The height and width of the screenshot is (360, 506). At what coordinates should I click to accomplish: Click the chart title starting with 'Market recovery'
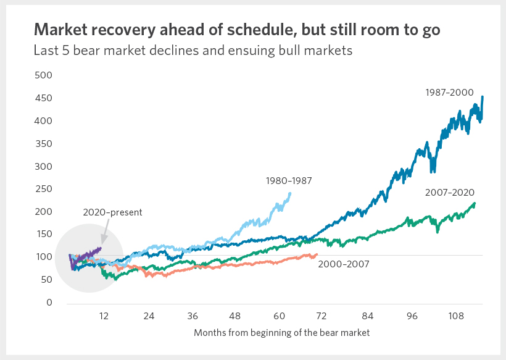click(236, 30)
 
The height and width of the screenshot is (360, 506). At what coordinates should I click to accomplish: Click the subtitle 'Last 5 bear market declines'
click(193, 51)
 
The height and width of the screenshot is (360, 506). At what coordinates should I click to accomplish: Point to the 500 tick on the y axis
click(44, 75)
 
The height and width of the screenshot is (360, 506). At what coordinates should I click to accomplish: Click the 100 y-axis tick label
click(44, 257)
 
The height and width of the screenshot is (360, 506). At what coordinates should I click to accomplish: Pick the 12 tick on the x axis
click(104, 316)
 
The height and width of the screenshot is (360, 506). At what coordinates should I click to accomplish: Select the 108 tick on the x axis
click(456, 316)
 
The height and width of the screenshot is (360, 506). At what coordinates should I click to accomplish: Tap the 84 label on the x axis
click(368, 316)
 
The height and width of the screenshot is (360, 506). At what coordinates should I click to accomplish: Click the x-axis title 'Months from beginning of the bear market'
click(281, 333)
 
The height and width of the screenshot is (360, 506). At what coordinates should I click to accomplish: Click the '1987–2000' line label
click(449, 93)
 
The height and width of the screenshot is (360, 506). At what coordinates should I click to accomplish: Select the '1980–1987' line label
click(288, 181)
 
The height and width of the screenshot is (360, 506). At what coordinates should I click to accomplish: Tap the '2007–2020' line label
click(449, 193)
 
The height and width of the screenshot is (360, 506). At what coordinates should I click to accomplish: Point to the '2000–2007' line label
click(343, 264)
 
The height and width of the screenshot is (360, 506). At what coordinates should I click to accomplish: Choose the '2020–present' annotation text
click(112, 212)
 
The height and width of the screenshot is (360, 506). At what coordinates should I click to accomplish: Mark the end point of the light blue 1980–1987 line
click(290, 193)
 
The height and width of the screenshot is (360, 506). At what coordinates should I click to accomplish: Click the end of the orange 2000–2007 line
click(317, 254)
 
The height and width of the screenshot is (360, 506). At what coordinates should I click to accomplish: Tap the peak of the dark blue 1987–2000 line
click(482, 96)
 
